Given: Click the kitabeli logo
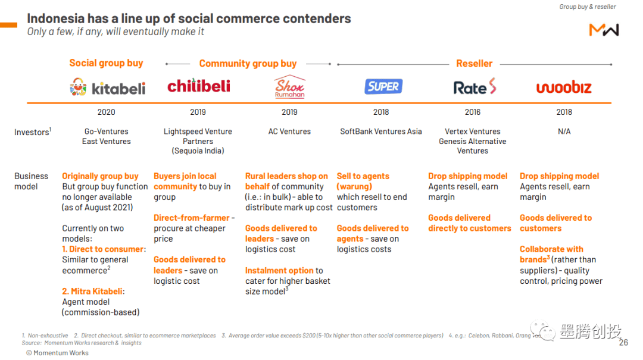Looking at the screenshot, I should [x=107, y=88].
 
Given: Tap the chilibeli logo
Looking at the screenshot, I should [x=198, y=86].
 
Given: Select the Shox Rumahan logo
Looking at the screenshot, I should [x=289, y=87].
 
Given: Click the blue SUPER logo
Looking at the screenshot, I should [x=383, y=86].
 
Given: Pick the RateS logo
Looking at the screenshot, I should [x=475, y=87].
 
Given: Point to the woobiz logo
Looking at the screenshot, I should [x=564, y=88].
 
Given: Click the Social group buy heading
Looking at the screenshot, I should [x=106, y=63].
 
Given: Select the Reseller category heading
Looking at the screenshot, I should [x=474, y=63].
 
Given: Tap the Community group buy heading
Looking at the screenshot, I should [x=248, y=63].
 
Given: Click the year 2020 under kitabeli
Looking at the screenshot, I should [x=106, y=112].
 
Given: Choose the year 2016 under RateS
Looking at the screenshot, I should [x=472, y=112].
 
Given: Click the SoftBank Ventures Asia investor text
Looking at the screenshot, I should [x=380, y=132].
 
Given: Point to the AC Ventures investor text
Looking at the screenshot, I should [x=289, y=132].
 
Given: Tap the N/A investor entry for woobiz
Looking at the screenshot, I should [x=564, y=132].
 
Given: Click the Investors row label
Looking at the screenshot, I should [x=32, y=132].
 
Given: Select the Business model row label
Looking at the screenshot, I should [x=31, y=181].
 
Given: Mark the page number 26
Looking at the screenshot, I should [x=623, y=343].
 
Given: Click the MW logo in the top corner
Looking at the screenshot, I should [x=604, y=30].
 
